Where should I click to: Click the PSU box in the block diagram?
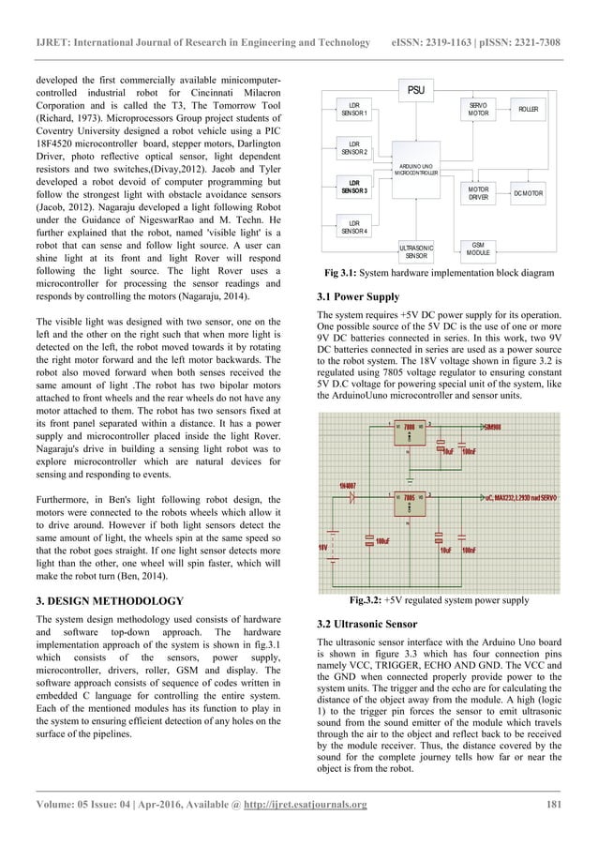[413, 90]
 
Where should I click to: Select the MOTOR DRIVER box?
[478, 193]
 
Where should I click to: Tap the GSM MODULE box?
[478, 248]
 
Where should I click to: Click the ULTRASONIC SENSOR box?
[414, 250]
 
